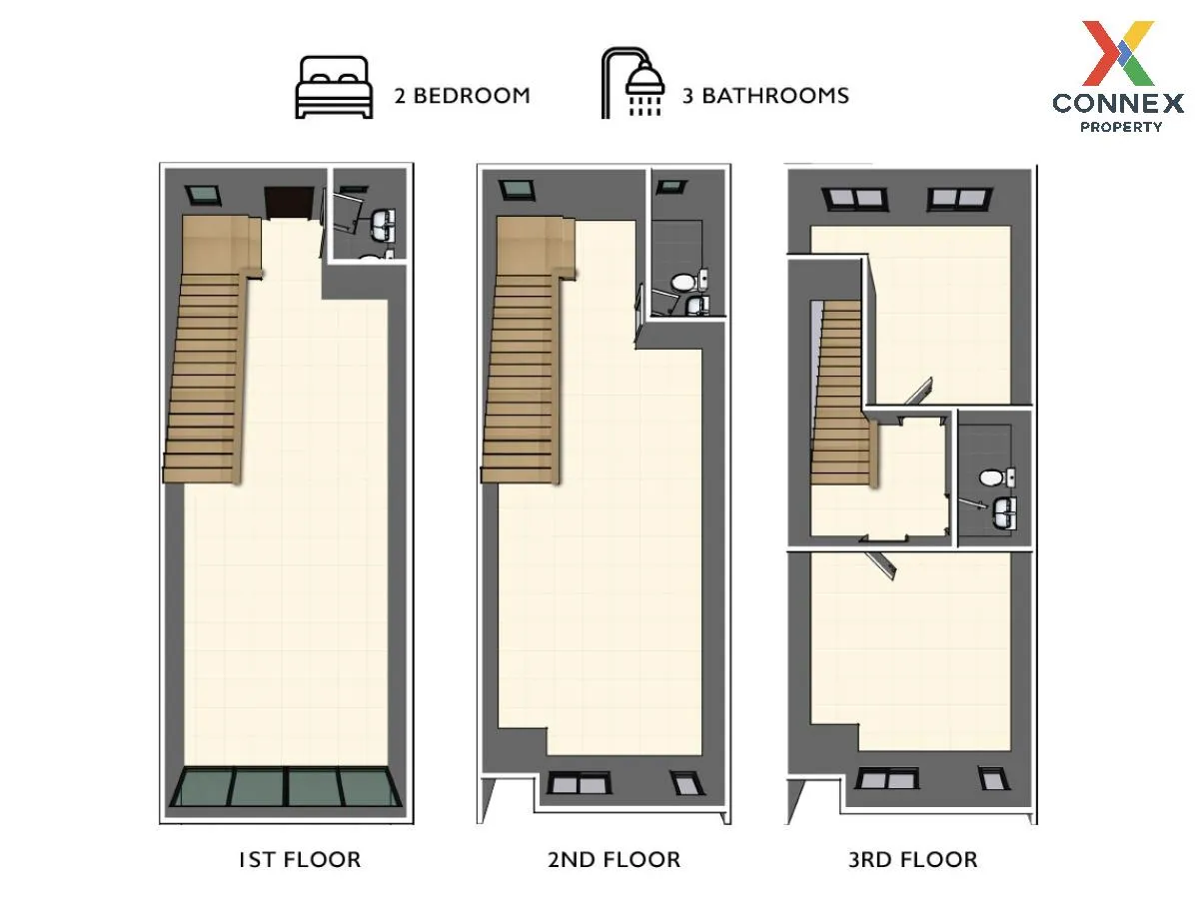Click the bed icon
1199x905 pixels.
(x=334, y=87)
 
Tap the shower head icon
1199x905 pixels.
(x=632, y=83)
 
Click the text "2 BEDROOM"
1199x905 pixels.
(x=463, y=96)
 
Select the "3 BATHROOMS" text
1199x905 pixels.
(x=765, y=96)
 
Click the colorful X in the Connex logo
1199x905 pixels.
(x=1118, y=53)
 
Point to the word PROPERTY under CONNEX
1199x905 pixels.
(x=1121, y=127)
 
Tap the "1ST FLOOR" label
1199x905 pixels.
(x=300, y=860)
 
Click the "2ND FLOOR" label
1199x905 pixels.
(x=613, y=860)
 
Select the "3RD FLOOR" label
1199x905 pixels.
(x=913, y=860)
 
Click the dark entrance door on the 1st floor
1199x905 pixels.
(x=289, y=203)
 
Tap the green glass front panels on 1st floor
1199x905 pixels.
(x=286, y=786)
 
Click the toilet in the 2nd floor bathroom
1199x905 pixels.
(x=689, y=282)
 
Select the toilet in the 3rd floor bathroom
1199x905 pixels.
(x=997, y=477)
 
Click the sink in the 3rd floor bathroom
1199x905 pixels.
(x=1004, y=512)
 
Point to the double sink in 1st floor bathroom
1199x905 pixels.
(x=383, y=225)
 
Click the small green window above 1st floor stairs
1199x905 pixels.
(x=203, y=196)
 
